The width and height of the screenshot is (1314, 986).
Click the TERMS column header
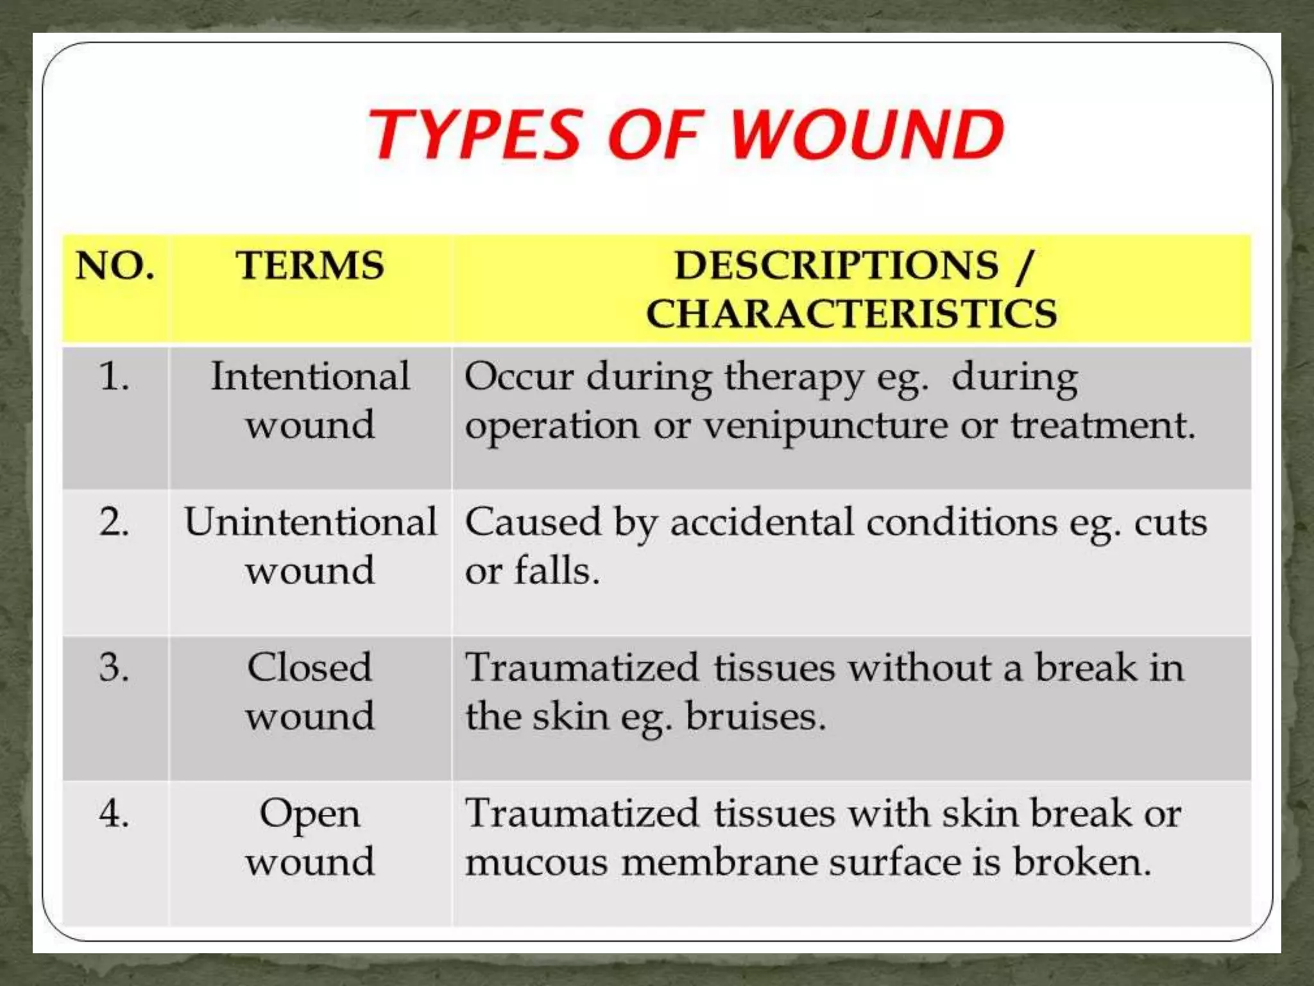click(x=310, y=266)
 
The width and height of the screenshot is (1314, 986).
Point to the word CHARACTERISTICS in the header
click(x=851, y=314)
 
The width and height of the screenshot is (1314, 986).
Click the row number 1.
click(x=114, y=376)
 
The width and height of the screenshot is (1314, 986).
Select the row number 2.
click(x=114, y=522)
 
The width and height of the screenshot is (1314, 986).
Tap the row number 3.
click(x=114, y=668)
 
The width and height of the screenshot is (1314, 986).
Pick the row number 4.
click(x=114, y=813)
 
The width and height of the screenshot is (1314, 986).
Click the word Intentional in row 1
click(x=310, y=376)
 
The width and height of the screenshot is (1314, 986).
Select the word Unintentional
click(x=310, y=522)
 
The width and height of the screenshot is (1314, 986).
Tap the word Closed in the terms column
click(x=310, y=668)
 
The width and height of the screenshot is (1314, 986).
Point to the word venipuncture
click(x=825, y=427)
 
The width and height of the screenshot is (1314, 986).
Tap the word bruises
click(x=755, y=716)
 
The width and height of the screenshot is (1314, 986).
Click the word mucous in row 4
click(x=536, y=862)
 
